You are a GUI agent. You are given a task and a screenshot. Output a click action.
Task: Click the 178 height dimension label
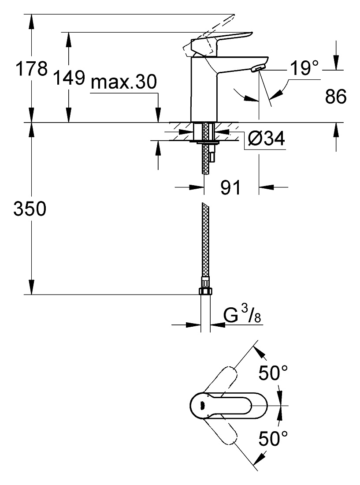(32, 68)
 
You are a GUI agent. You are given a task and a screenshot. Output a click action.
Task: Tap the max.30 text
(124, 82)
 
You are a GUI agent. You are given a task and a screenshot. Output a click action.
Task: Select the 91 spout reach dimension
(230, 187)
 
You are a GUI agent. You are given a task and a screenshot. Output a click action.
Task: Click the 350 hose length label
(30, 209)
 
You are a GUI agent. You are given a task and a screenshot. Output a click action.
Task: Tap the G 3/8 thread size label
(242, 316)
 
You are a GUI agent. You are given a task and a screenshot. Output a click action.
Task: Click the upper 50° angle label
(273, 373)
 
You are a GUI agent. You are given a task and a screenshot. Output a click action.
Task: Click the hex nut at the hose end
(205, 291)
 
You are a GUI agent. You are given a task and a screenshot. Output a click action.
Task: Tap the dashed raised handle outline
(208, 37)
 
